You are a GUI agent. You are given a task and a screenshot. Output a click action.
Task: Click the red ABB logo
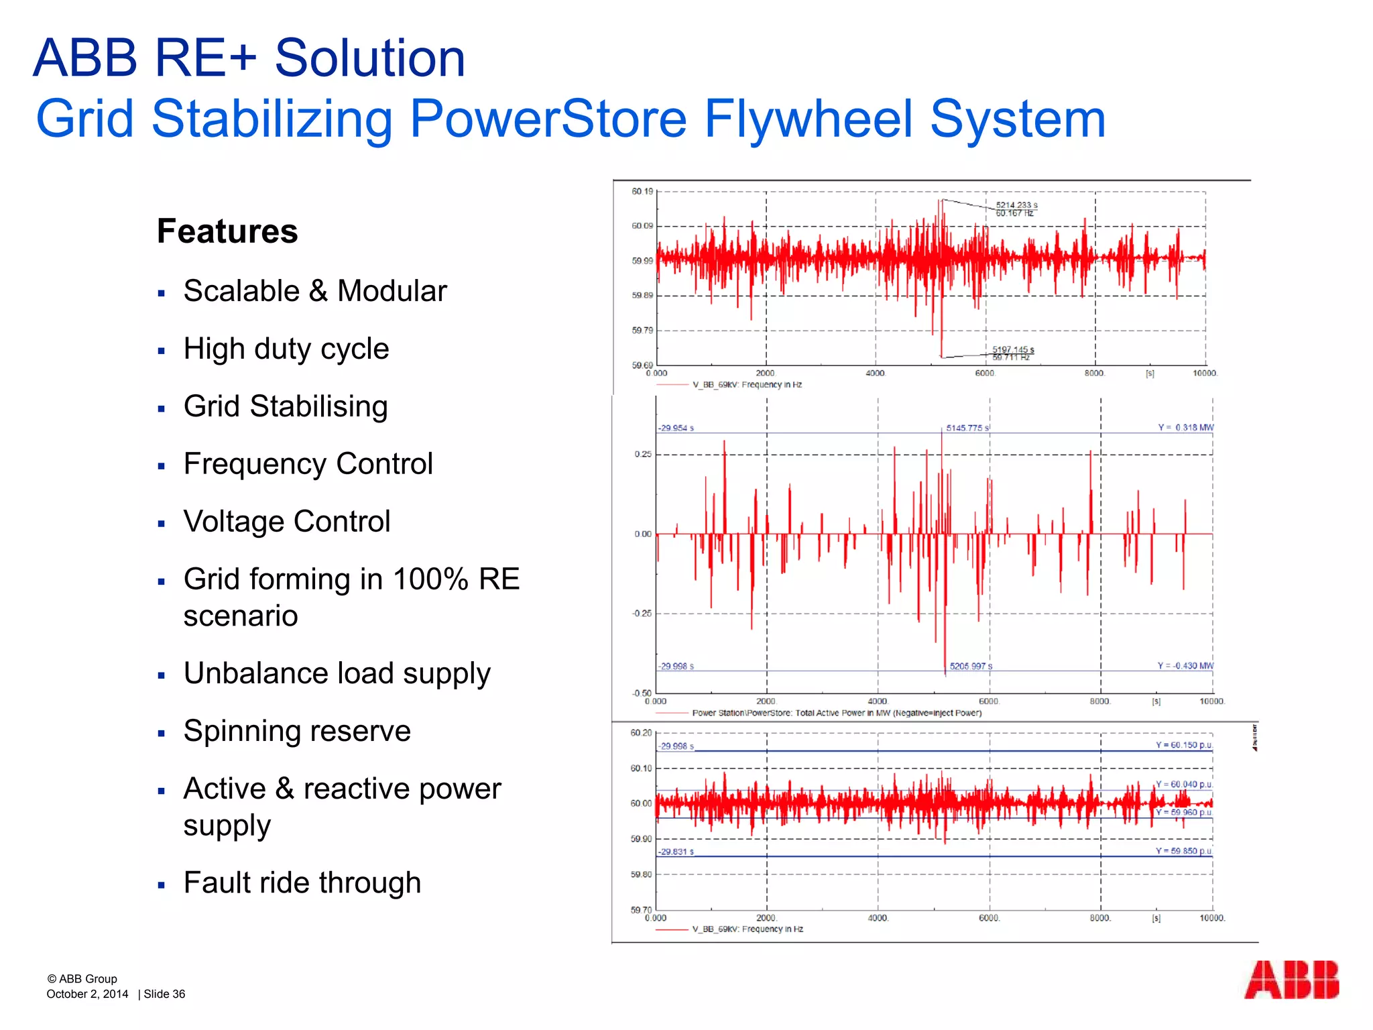click(1291, 980)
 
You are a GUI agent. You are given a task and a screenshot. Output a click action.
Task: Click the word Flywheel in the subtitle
click(809, 119)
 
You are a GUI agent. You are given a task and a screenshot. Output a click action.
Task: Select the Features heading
click(227, 231)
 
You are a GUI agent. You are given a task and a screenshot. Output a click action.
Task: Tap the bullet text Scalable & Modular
click(315, 291)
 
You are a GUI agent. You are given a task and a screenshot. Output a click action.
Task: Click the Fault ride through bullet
click(302, 882)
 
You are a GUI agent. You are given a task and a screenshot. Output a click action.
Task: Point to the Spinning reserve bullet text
click(297, 731)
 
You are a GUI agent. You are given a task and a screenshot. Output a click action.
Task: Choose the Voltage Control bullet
click(287, 522)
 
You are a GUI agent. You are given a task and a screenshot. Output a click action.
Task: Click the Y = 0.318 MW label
click(1185, 428)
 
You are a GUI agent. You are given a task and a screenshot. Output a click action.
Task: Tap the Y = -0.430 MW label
click(1185, 666)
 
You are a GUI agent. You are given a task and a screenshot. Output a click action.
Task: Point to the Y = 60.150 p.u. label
click(1184, 745)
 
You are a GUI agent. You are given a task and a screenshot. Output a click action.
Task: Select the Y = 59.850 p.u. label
click(1183, 851)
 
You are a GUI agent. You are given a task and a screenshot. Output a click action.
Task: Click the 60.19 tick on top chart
click(642, 192)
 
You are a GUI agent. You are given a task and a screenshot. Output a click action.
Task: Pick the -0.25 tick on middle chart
click(641, 614)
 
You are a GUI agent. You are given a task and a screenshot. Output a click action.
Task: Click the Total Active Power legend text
click(837, 713)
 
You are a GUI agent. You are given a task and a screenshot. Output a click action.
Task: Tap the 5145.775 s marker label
click(967, 428)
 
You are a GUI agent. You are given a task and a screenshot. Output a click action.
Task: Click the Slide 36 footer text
click(164, 994)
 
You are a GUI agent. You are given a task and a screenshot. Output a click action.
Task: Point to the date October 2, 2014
click(87, 994)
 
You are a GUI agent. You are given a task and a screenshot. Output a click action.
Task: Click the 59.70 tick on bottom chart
click(640, 910)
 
